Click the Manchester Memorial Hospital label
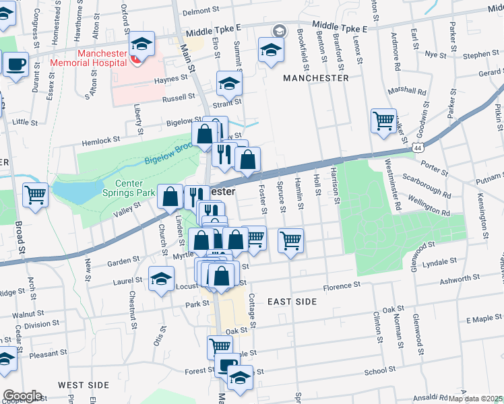tap(111, 58)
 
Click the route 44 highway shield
tap(418, 146)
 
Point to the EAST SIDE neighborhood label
tap(291, 302)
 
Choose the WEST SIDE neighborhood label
tap(83, 384)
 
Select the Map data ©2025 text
tap(476, 399)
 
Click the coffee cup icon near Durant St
tap(16, 65)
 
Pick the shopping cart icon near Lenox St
tap(383, 122)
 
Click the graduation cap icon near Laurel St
tap(162, 279)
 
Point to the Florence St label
tap(342, 286)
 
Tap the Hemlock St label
tap(101, 139)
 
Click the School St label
tap(375, 371)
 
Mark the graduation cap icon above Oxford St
tap(141, 45)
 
